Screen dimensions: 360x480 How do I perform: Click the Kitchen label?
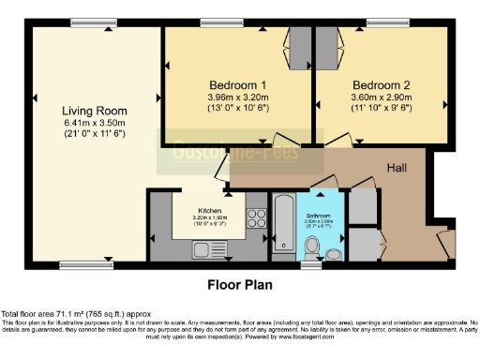(x=210, y=211)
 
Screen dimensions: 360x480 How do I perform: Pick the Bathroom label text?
(x=319, y=214)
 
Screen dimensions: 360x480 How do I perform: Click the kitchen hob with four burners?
(x=256, y=218)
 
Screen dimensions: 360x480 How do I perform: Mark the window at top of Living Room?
(x=87, y=23)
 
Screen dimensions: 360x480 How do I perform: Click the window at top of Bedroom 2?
(x=382, y=23)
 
